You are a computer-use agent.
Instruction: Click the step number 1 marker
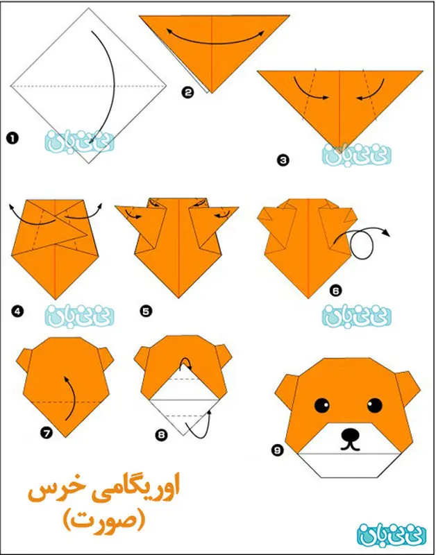(12, 139)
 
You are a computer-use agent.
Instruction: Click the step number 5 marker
(146, 312)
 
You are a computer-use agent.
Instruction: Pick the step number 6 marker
(336, 293)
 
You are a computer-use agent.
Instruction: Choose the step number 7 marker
(46, 434)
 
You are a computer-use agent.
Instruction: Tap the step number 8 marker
(161, 435)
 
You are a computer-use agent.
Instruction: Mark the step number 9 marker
(278, 452)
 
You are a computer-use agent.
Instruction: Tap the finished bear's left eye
(322, 404)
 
